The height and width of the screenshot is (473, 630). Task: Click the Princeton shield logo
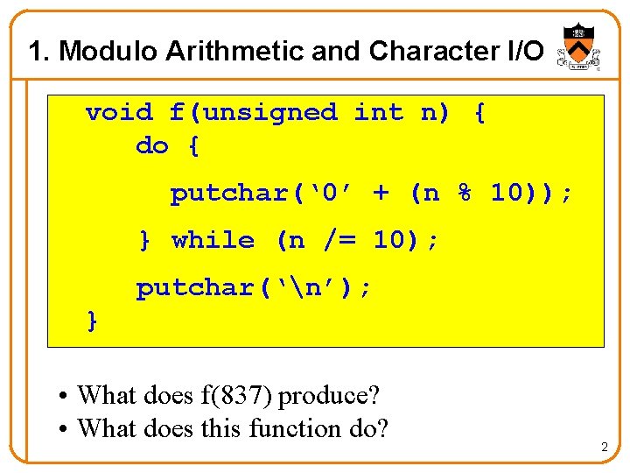575,46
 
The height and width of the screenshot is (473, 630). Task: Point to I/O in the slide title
521,52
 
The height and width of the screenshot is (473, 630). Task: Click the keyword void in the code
119,112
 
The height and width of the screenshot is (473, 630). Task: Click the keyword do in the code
152,145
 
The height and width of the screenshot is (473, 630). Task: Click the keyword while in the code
213,240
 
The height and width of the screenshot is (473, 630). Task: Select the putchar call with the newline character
254,287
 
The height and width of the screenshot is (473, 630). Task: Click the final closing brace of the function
92,321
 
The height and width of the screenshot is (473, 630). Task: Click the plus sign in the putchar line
381,193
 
